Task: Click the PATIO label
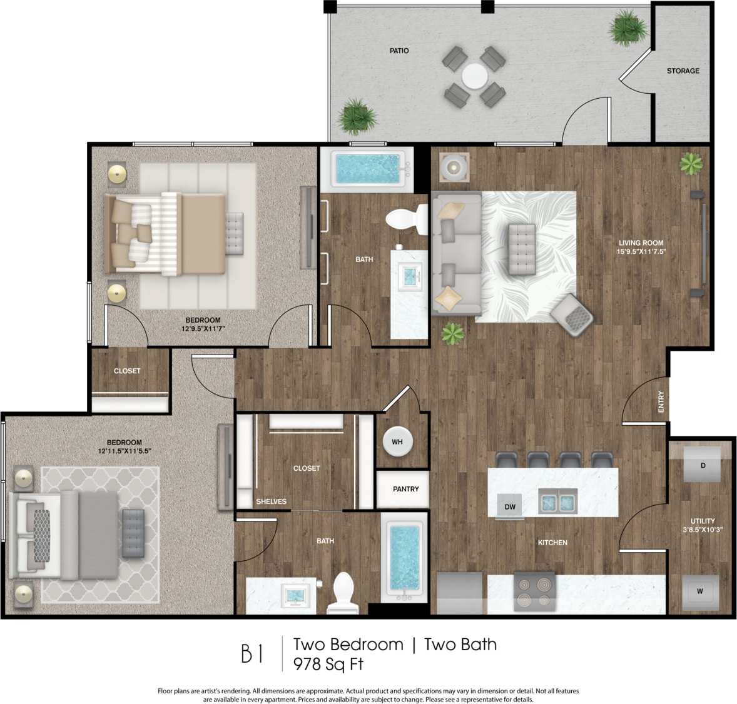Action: (x=399, y=51)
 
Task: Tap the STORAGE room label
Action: (x=683, y=71)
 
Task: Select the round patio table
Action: (x=474, y=77)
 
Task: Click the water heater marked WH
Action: (x=397, y=442)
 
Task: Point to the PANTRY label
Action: (x=405, y=489)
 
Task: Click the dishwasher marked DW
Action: (x=510, y=506)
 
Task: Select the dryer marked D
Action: (x=703, y=466)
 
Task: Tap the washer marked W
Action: (x=699, y=591)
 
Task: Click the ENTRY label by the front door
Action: (x=661, y=401)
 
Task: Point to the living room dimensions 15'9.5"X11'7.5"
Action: (x=641, y=252)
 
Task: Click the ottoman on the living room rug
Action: (x=522, y=249)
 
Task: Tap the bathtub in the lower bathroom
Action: (x=405, y=556)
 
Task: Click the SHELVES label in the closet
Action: (x=271, y=501)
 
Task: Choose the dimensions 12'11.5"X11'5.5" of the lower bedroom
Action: (x=125, y=451)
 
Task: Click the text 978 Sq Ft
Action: (x=328, y=664)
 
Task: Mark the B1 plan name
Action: (x=252, y=654)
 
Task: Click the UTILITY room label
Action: (x=703, y=521)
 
